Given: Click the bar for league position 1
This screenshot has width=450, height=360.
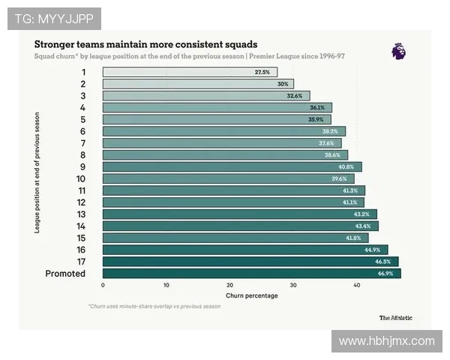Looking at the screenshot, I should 190,72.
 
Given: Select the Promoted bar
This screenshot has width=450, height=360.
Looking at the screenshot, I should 251,274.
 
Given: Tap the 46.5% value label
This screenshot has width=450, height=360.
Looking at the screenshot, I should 383,262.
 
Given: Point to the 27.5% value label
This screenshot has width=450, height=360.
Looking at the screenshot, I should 262,72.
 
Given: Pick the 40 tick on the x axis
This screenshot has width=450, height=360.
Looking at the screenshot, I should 357,286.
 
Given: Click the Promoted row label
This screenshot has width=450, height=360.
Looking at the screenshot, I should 65,274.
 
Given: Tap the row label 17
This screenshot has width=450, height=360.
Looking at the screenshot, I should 82,262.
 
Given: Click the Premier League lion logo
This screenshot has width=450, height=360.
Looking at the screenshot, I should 398,51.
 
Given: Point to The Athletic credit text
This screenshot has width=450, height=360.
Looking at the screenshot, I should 395,317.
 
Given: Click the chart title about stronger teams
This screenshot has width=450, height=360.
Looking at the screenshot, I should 145,43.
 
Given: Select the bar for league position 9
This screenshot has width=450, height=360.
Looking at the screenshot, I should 232,166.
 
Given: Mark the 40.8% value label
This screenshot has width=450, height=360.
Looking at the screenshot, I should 346,166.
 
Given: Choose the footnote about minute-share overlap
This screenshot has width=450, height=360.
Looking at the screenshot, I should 154,306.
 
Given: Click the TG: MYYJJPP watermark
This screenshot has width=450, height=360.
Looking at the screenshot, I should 54,19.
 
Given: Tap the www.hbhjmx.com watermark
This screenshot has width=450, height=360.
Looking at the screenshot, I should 386,340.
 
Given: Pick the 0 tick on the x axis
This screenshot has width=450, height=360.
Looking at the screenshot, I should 103,286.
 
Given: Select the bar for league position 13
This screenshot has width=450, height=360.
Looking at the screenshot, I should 239,214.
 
